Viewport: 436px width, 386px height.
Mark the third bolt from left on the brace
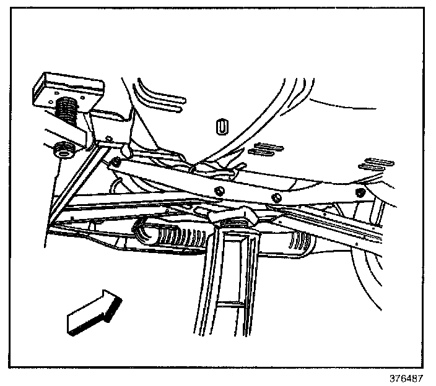(277, 198)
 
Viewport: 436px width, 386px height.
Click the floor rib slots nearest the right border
(379, 163)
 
